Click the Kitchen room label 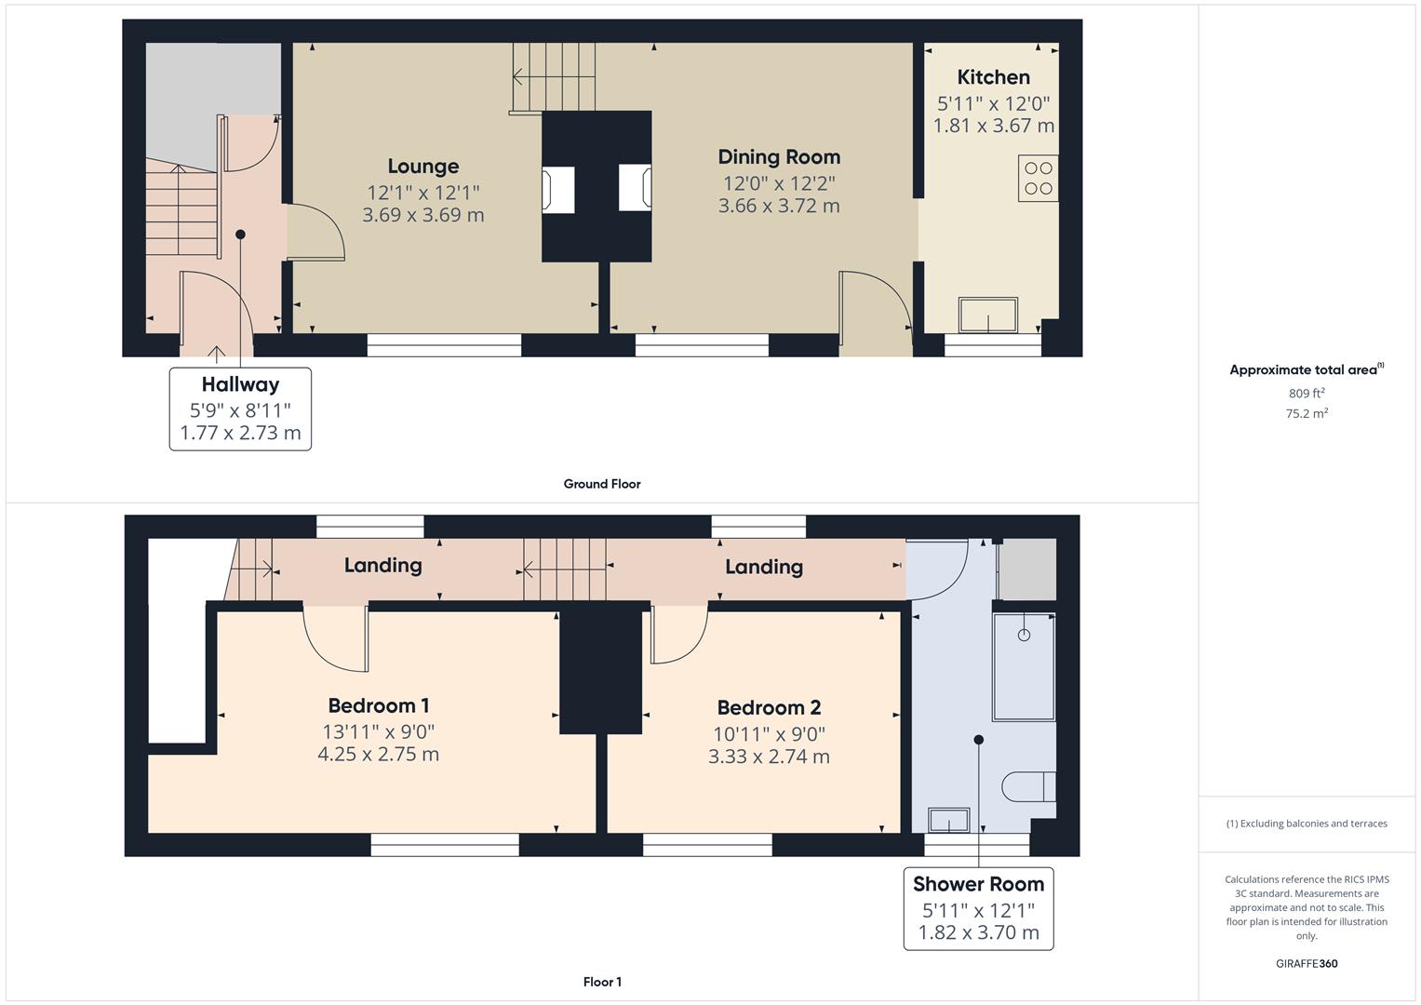click(x=993, y=77)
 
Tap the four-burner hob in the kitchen click(x=1038, y=179)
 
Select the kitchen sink click(x=987, y=315)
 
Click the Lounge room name click(x=422, y=167)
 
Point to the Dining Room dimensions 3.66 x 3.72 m click(x=778, y=206)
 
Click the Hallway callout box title click(x=240, y=384)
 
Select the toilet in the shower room click(x=1029, y=786)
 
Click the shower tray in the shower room click(x=1023, y=666)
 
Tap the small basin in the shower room click(x=949, y=821)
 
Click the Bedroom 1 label click(x=378, y=705)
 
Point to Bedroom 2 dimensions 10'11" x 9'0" click(x=769, y=733)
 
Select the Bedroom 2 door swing click(x=677, y=634)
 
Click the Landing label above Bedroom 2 click(x=763, y=567)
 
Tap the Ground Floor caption click(x=601, y=484)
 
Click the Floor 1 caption click(x=602, y=982)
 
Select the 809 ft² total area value click(x=1306, y=394)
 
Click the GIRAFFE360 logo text click(x=1306, y=963)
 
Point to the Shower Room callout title click(x=978, y=884)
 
